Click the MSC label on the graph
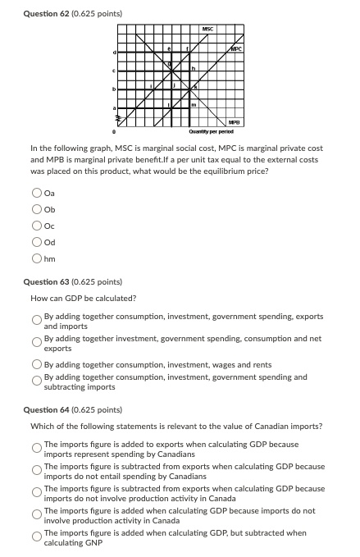pyautogui.click(x=207, y=30)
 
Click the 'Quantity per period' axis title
pyautogui.click(x=207, y=130)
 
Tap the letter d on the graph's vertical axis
pyautogui.click(x=115, y=53)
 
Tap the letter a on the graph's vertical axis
pyautogui.click(x=115, y=107)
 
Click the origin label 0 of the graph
pyautogui.click(x=114, y=130)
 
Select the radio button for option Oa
pyautogui.click(x=37, y=194)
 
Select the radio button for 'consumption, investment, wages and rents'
pyautogui.click(x=37, y=363)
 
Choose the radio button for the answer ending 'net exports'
pyautogui.click(x=37, y=342)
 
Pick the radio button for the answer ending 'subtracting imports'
pyautogui.click(x=37, y=381)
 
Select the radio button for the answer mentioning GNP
pyautogui.click(x=37, y=537)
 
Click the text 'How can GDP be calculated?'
pyautogui.click(x=84, y=298)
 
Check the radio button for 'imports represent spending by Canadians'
pyautogui.click(x=37, y=448)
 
